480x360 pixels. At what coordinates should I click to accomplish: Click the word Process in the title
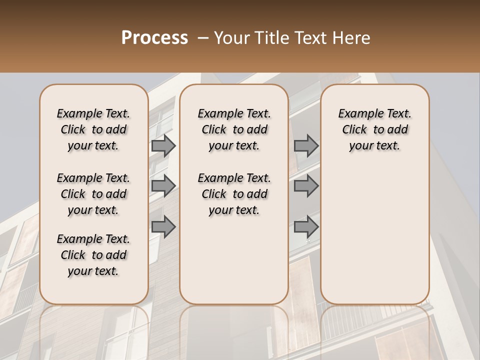click(154, 38)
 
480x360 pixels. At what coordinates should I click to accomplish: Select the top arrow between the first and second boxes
click(163, 146)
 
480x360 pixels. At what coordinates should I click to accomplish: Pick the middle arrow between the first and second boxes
click(163, 186)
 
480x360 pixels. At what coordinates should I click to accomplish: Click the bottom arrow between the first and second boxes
click(163, 227)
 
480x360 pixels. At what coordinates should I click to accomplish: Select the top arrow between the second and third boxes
click(306, 146)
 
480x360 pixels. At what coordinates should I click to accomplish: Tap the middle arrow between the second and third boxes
click(306, 186)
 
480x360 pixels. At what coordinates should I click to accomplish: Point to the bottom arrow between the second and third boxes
click(306, 227)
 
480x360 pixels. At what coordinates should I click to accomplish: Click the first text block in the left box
click(93, 129)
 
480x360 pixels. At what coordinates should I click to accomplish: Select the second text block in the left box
click(93, 194)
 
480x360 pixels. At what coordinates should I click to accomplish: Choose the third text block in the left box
click(93, 255)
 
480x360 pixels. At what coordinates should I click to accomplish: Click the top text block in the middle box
click(234, 129)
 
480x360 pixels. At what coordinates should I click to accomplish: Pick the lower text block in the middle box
click(234, 194)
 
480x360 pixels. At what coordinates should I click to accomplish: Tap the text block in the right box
click(374, 129)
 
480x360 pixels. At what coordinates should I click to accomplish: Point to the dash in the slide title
click(203, 38)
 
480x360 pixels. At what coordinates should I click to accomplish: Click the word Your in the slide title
click(232, 38)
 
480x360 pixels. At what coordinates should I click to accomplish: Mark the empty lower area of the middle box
click(234, 260)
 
